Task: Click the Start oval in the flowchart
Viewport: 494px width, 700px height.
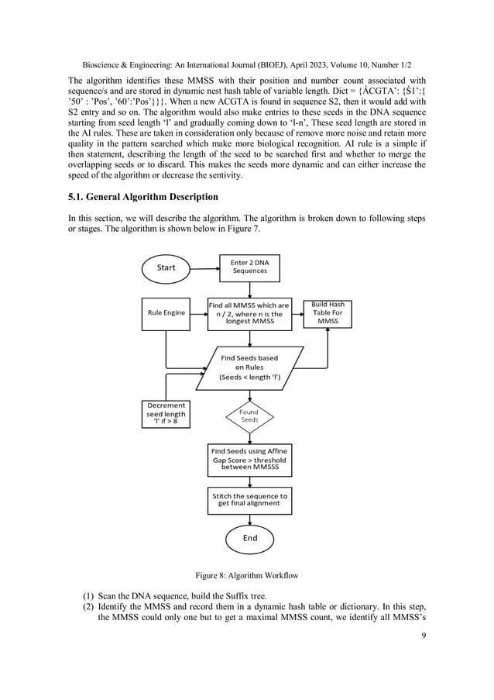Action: pyautogui.click(x=166, y=267)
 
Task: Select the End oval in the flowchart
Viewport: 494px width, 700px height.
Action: pyautogui.click(x=249, y=537)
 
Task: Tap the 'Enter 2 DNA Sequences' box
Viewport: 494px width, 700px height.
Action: pyautogui.click(x=249, y=267)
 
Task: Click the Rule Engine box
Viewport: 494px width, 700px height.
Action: pyautogui.click(x=166, y=312)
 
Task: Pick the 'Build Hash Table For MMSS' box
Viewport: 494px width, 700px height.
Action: pyautogui.click(x=328, y=313)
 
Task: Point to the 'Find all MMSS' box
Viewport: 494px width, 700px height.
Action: pyautogui.click(x=249, y=314)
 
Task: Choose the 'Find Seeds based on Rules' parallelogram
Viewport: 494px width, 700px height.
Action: pyautogui.click(x=249, y=367)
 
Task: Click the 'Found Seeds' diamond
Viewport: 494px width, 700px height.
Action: pyautogui.click(x=249, y=416)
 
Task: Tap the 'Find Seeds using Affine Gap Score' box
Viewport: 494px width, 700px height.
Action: pyautogui.click(x=249, y=459)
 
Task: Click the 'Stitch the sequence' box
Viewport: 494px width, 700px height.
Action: pyautogui.click(x=249, y=500)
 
